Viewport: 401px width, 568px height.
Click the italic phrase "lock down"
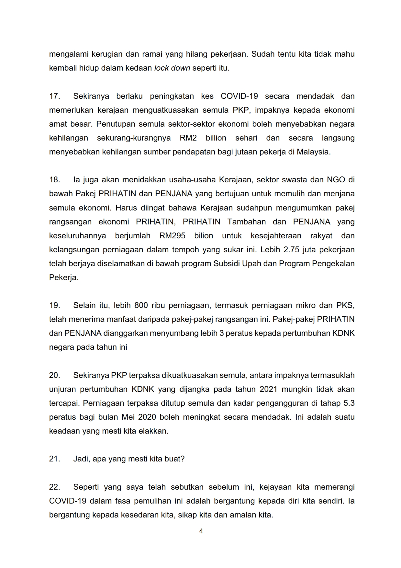click(x=172, y=68)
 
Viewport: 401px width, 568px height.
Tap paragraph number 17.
click(x=54, y=96)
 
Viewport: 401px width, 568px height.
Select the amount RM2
click(x=188, y=138)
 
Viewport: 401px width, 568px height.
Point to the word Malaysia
click(x=313, y=152)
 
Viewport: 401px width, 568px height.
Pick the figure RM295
click(x=172, y=236)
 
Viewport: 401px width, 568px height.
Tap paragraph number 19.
click(x=54, y=305)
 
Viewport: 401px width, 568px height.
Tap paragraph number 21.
click(x=54, y=459)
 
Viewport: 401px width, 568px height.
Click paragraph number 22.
click(x=54, y=487)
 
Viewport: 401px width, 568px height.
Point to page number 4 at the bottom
click(x=201, y=531)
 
